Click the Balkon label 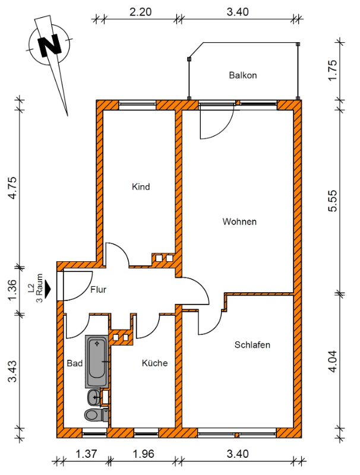point(243,75)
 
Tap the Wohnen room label point(239,221)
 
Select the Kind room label point(141,186)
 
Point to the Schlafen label point(252,345)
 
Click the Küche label point(154,363)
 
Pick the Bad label point(74,363)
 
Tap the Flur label point(98,290)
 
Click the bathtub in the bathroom point(97,362)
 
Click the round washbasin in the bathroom point(94,397)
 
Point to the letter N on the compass point(50,45)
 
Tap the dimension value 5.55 point(333,201)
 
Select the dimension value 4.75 point(12,187)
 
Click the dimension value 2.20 point(140,12)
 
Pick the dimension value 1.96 point(143,454)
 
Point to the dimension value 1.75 point(333,70)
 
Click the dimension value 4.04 point(333,361)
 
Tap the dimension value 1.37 point(87,454)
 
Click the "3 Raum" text point(39,288)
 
